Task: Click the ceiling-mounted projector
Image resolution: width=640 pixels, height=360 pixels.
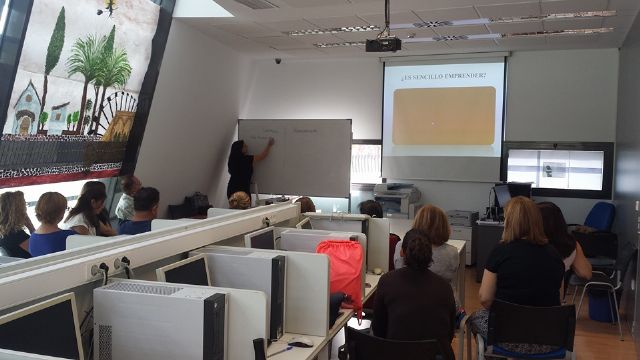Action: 383,44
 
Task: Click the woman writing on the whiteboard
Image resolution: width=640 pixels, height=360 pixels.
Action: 242,167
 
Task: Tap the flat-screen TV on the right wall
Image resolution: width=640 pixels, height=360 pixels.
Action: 556,168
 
